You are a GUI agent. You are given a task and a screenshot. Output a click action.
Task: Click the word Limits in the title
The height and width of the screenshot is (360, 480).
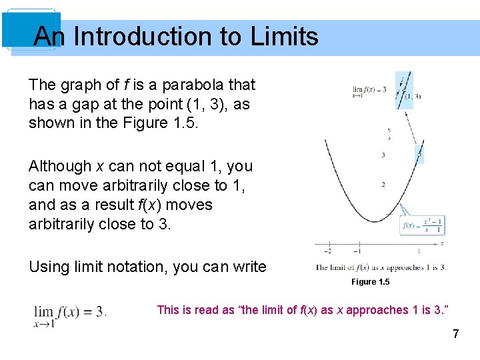coord(285,36)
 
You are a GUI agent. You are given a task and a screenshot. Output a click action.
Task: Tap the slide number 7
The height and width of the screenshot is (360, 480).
coord(455,334)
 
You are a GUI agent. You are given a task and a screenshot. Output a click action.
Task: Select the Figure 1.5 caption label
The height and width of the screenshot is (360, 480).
coord(371,282)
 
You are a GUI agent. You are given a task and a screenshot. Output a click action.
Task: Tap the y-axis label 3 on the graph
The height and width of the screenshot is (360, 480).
coord(383,155)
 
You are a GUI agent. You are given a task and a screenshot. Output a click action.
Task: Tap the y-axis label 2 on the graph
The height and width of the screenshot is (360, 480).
coord(383,184)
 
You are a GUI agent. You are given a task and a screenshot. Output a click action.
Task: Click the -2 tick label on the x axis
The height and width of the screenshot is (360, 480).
coord(327,251)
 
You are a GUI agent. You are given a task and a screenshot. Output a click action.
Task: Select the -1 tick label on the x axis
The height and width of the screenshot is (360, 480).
coord(357,251)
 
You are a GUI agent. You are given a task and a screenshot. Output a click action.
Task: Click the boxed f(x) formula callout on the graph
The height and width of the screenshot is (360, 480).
coord(423,225)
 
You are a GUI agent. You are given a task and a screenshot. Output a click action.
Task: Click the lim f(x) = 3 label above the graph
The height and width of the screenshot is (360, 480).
coord(369,91)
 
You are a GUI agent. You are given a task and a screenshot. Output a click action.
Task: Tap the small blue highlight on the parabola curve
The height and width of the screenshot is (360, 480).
coord(419,155)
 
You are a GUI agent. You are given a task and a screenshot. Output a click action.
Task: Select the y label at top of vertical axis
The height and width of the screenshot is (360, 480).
coord(389,130)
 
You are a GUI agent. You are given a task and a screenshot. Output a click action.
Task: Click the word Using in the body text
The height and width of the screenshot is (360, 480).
coord(49,267)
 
